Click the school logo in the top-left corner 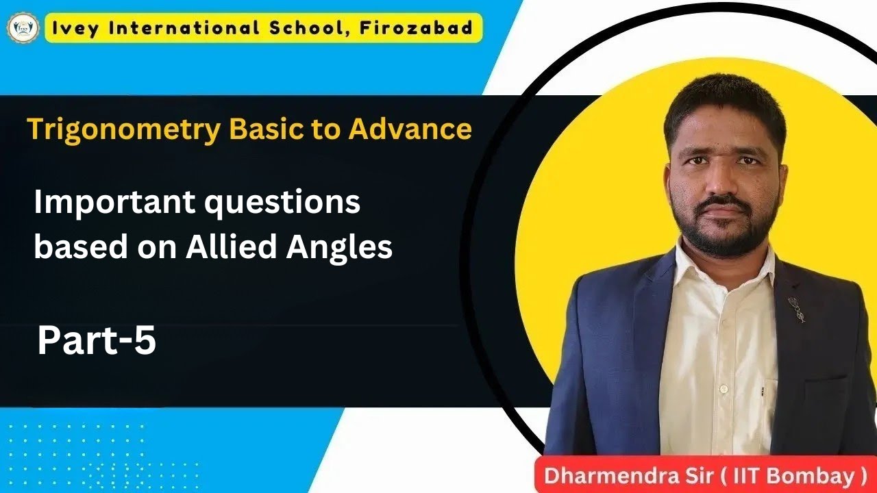[x=23, y=29]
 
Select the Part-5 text [x=97, y=340]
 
